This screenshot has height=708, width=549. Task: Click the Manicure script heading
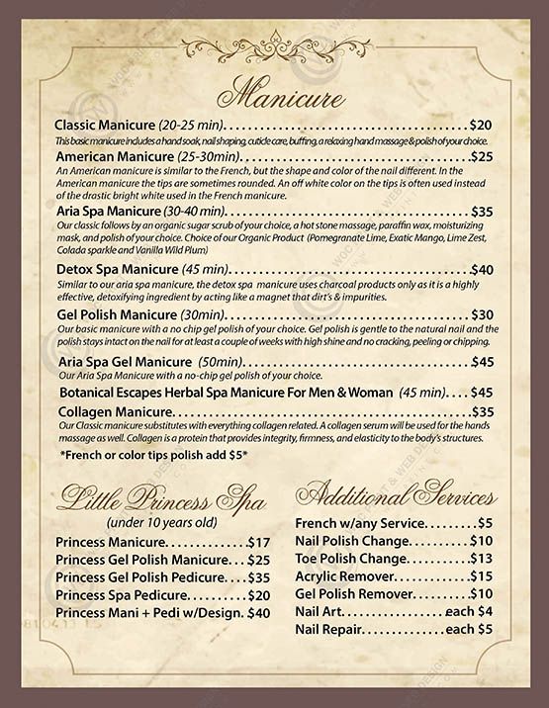(283, 95)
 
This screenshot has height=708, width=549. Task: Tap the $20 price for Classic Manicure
(481, 126)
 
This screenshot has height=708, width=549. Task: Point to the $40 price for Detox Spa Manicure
(482, 269)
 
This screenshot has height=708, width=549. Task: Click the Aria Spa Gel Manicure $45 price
(482, 362)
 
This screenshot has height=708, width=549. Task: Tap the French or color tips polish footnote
(153, 455)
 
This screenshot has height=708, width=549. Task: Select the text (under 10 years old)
(162, 522)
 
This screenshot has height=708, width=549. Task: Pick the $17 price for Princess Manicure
(258, 542)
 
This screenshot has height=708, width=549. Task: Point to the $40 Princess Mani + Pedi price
(258, 613)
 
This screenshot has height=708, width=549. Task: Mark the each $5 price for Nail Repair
(469, 629)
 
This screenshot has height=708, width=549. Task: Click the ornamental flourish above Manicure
(281, 48)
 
